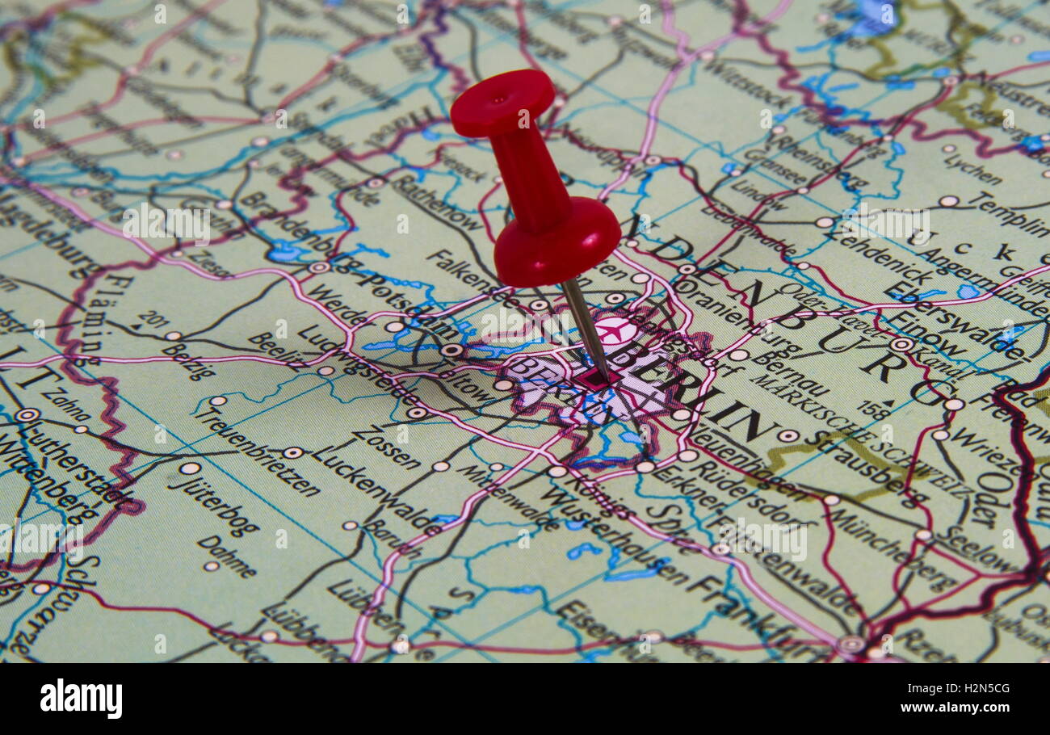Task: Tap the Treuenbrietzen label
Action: (258, 449)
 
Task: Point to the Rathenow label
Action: (437, 202)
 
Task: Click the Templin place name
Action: (1009, 213)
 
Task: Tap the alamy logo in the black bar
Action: (82, 698)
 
